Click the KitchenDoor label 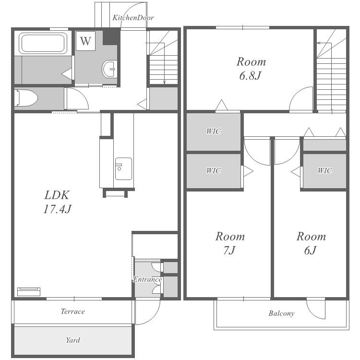[133, 18]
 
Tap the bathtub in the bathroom [43, 43]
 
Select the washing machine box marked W [85, 41]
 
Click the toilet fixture [26, 98]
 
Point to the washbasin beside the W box [109, 69]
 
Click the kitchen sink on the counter [123, 169]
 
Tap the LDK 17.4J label [57, 202]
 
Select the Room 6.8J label [251, 69]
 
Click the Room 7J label [230, 243]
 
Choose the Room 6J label [311, 243]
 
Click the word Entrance [147, 279]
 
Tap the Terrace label [73, 312]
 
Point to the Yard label [73, 340]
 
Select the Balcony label [281, 313]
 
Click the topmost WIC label [214, 132]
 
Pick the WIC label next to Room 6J [325, 170]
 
